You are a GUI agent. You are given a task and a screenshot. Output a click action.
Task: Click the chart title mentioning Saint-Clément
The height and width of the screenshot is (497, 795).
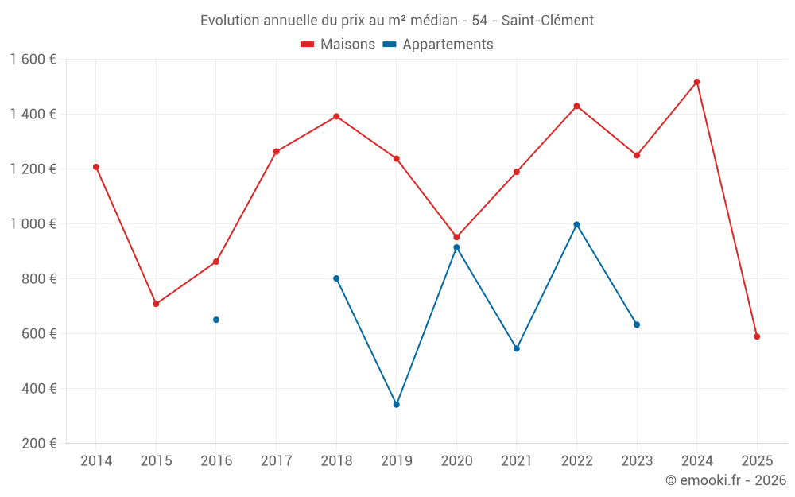click(x=397, y=21)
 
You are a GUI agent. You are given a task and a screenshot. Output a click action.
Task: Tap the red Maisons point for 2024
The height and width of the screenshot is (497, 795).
click(x=696, y=82)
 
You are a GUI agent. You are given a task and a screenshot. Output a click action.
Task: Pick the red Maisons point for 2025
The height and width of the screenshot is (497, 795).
click(x=757, y=336)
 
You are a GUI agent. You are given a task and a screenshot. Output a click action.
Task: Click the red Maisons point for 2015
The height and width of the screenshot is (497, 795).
click(x=156, y=304)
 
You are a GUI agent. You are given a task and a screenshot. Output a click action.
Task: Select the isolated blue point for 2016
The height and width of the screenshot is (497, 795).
click(x=216, y=320)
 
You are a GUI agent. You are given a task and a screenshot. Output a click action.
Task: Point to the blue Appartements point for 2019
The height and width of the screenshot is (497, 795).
click(x=397, y=405)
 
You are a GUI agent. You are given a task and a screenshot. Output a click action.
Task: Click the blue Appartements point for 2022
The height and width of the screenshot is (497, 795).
click(x=576, y=224)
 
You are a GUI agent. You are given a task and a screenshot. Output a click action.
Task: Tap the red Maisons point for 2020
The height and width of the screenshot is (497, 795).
click(x=456, y=237)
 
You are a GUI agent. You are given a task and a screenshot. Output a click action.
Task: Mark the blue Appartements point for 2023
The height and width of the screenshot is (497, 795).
click(x=637, y=324)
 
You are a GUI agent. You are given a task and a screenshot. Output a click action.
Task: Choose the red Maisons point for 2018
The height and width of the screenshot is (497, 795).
click(x=336, y=116)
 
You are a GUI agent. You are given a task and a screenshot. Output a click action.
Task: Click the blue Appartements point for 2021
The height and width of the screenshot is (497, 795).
click(x=517, y=348)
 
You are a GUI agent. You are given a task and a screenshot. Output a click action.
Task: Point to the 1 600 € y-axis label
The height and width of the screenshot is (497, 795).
click(x=33, y=59)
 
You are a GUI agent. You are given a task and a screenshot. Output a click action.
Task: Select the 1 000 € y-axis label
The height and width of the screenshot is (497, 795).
click(x=33, y=224)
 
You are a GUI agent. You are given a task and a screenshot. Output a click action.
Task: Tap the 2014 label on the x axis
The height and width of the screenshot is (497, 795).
click(x=96, y=461)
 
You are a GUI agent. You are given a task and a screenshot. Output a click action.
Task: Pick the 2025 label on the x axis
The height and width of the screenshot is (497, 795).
click(x=757, y=461)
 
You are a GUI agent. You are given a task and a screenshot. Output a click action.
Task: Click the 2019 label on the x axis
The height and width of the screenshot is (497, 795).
click(x=397, y=461)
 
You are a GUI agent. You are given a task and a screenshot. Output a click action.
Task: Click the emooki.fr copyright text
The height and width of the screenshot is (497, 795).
click(x=725, y=480)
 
